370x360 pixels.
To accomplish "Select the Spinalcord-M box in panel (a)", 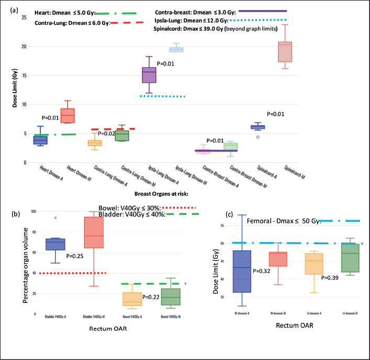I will point(285,52).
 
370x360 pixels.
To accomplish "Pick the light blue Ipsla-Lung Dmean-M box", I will point(176,50).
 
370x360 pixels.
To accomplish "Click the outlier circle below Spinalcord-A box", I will point(257,137).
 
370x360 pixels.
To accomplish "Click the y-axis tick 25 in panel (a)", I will point(24,17).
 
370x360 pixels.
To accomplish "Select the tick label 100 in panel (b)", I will point(33,211).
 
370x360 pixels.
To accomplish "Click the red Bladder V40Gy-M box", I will point(94,232).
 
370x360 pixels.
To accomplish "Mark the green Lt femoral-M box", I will point(349,257).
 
